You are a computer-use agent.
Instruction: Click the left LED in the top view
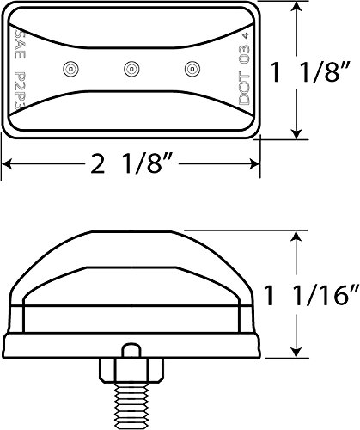click(70, 66)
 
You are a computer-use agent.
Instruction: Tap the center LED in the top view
click(131, 66)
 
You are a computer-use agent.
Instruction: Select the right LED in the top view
click(191, 66)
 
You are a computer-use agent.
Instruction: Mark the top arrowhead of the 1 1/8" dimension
click(296, 8)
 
